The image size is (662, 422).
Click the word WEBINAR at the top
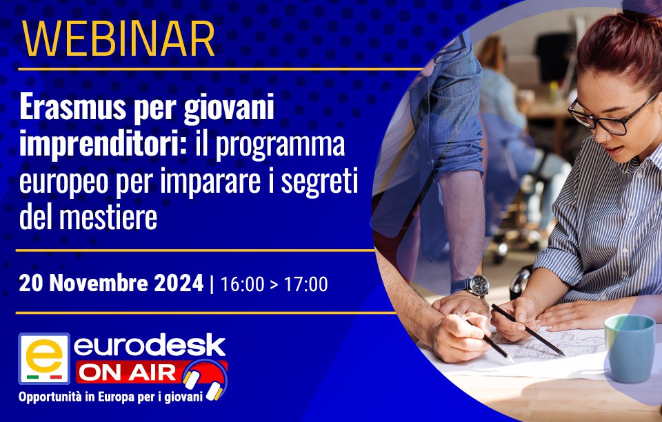(x=118, y=39)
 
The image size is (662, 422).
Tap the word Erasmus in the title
(x=72, y=107)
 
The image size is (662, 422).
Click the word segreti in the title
(x=319, y=182)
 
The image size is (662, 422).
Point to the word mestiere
(x=108, y=217)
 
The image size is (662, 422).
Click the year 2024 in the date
(x=179, y=284)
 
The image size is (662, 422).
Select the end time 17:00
(x=305, y=284)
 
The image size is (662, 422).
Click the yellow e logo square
(x=44, y=359)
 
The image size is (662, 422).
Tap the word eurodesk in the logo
(x=150, y=346)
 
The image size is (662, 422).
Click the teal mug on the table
(x=630, y=348)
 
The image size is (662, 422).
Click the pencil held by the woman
(x=528, y=330)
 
